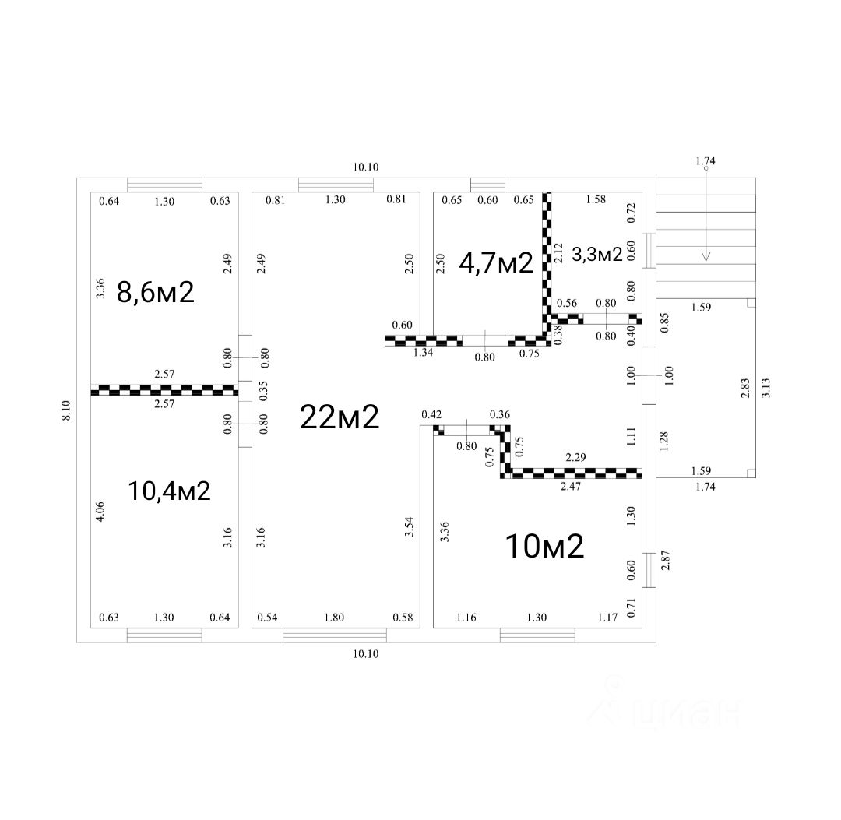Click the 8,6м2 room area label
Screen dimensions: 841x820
coord(155,292)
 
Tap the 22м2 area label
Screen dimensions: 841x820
coord(340,417)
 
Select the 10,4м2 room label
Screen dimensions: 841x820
coord(169,491)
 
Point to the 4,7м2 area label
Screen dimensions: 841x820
coord(495,263)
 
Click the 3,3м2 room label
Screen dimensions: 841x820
coord(597,254)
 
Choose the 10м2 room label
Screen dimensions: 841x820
coord(544,547)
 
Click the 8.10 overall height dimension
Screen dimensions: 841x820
coord(66,410)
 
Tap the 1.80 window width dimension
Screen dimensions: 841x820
coord(334,618)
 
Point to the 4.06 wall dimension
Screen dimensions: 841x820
coord(100,511)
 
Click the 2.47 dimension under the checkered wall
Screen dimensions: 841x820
coord(572,486)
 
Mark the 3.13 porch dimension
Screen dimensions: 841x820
coord(765,388)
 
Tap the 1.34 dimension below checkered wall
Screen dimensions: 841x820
coord(423,353)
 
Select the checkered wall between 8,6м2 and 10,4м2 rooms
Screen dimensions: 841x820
coord(164,389)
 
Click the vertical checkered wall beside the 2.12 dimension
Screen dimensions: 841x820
coord(547,265)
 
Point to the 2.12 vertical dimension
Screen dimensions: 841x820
coord(558,252)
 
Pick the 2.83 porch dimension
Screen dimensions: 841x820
coord(744,388)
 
